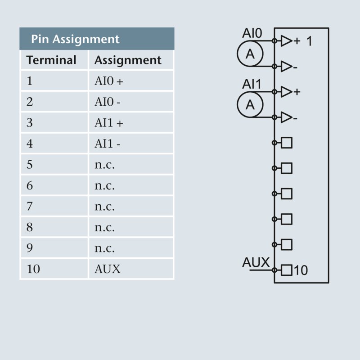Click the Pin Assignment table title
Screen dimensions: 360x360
click(x=75, y=39)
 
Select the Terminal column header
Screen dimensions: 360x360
click(x=51, y=60)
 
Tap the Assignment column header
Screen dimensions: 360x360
click(x=128, y=60)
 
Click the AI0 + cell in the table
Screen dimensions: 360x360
click(x=108, y=81)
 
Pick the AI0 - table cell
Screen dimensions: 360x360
click(x=107, y=102)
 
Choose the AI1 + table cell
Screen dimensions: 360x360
click(x=108, y=123)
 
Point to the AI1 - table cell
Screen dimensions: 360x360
click(x=107, y=144)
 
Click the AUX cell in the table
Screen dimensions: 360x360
click(x=108, y=269)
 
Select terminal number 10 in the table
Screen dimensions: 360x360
click(x=33, y=269)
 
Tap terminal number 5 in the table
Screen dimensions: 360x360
click(x=30, y=165)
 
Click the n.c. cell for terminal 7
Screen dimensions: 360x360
click(x=104, y=207)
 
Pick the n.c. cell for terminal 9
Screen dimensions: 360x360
click(x=104, y=248)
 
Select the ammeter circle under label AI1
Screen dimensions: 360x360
click(x=250, y=104)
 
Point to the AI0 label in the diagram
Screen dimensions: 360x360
click(x=252, y=33)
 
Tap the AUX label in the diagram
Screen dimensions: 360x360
click(x=256, y=262)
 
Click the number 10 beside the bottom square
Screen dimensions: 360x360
click(x=301, y=270)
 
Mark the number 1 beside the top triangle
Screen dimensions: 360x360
click(x=309, y=42)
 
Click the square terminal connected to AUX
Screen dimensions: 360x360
click(x=287, y=270)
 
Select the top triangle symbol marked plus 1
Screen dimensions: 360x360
click(x=286, y=41)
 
